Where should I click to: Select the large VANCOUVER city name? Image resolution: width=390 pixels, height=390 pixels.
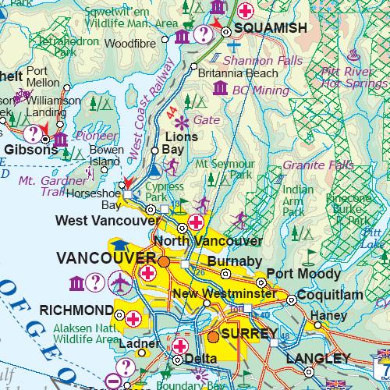point(105,258)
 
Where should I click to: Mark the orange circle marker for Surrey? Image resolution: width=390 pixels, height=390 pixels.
point(214,337)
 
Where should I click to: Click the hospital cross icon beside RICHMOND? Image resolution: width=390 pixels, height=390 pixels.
point(133,317)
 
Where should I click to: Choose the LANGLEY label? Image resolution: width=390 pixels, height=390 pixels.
point(318,358)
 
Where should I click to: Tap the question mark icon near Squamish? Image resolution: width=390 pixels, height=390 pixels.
point(202,34)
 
